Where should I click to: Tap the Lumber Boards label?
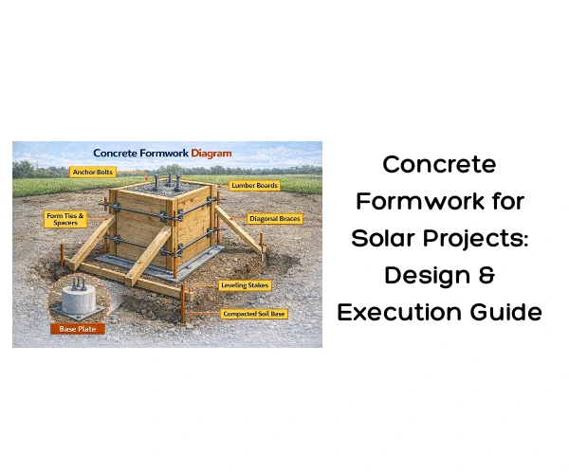pyautogui.click(x=254, y=185)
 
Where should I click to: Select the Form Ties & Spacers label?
pyautogui.click(x=65, y=219)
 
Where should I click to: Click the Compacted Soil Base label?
pyautogui.click(x=255, y=313)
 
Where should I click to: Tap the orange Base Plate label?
pyautogui.click(x=79, y=330)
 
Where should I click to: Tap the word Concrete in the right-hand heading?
pyautogui.click(x=439, y=164)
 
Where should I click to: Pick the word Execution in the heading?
pyautogui.click(x=394, y=312)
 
